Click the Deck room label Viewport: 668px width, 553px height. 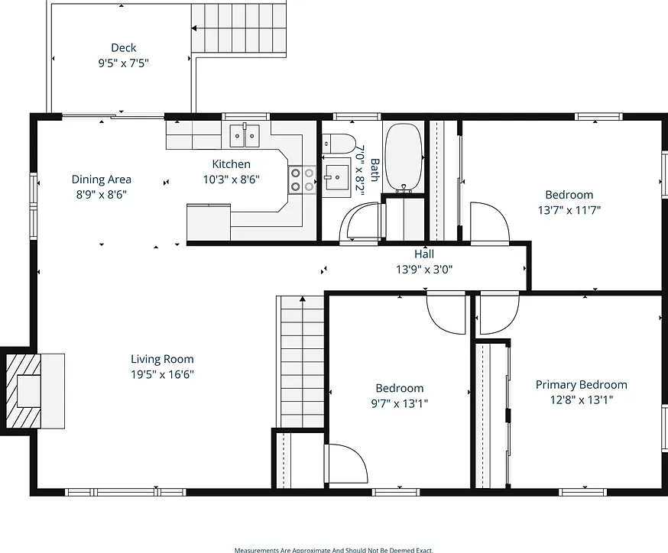pos(124,47)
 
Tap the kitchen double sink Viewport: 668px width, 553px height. pos(245,136)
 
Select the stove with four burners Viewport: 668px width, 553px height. pos(302,179)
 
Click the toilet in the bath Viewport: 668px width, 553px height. pos(339,144)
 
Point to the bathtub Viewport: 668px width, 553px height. pos(404,157)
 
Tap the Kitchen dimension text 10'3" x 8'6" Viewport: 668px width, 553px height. pos(232,179)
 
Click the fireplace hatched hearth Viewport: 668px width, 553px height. pos(24,391)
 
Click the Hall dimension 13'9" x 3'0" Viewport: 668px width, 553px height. pos(424,270)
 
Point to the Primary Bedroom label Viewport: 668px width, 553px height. pos(582,385)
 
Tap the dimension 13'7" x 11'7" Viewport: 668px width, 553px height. pos(569,210)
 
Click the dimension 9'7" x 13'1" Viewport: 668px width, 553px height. pos(400,403)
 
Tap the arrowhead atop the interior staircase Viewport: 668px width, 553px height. pos(303,299)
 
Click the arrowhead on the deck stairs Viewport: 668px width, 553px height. pos(194,28)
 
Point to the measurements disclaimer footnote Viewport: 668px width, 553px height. pos(333,550)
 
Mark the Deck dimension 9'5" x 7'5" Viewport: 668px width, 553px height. pos(124,63)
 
